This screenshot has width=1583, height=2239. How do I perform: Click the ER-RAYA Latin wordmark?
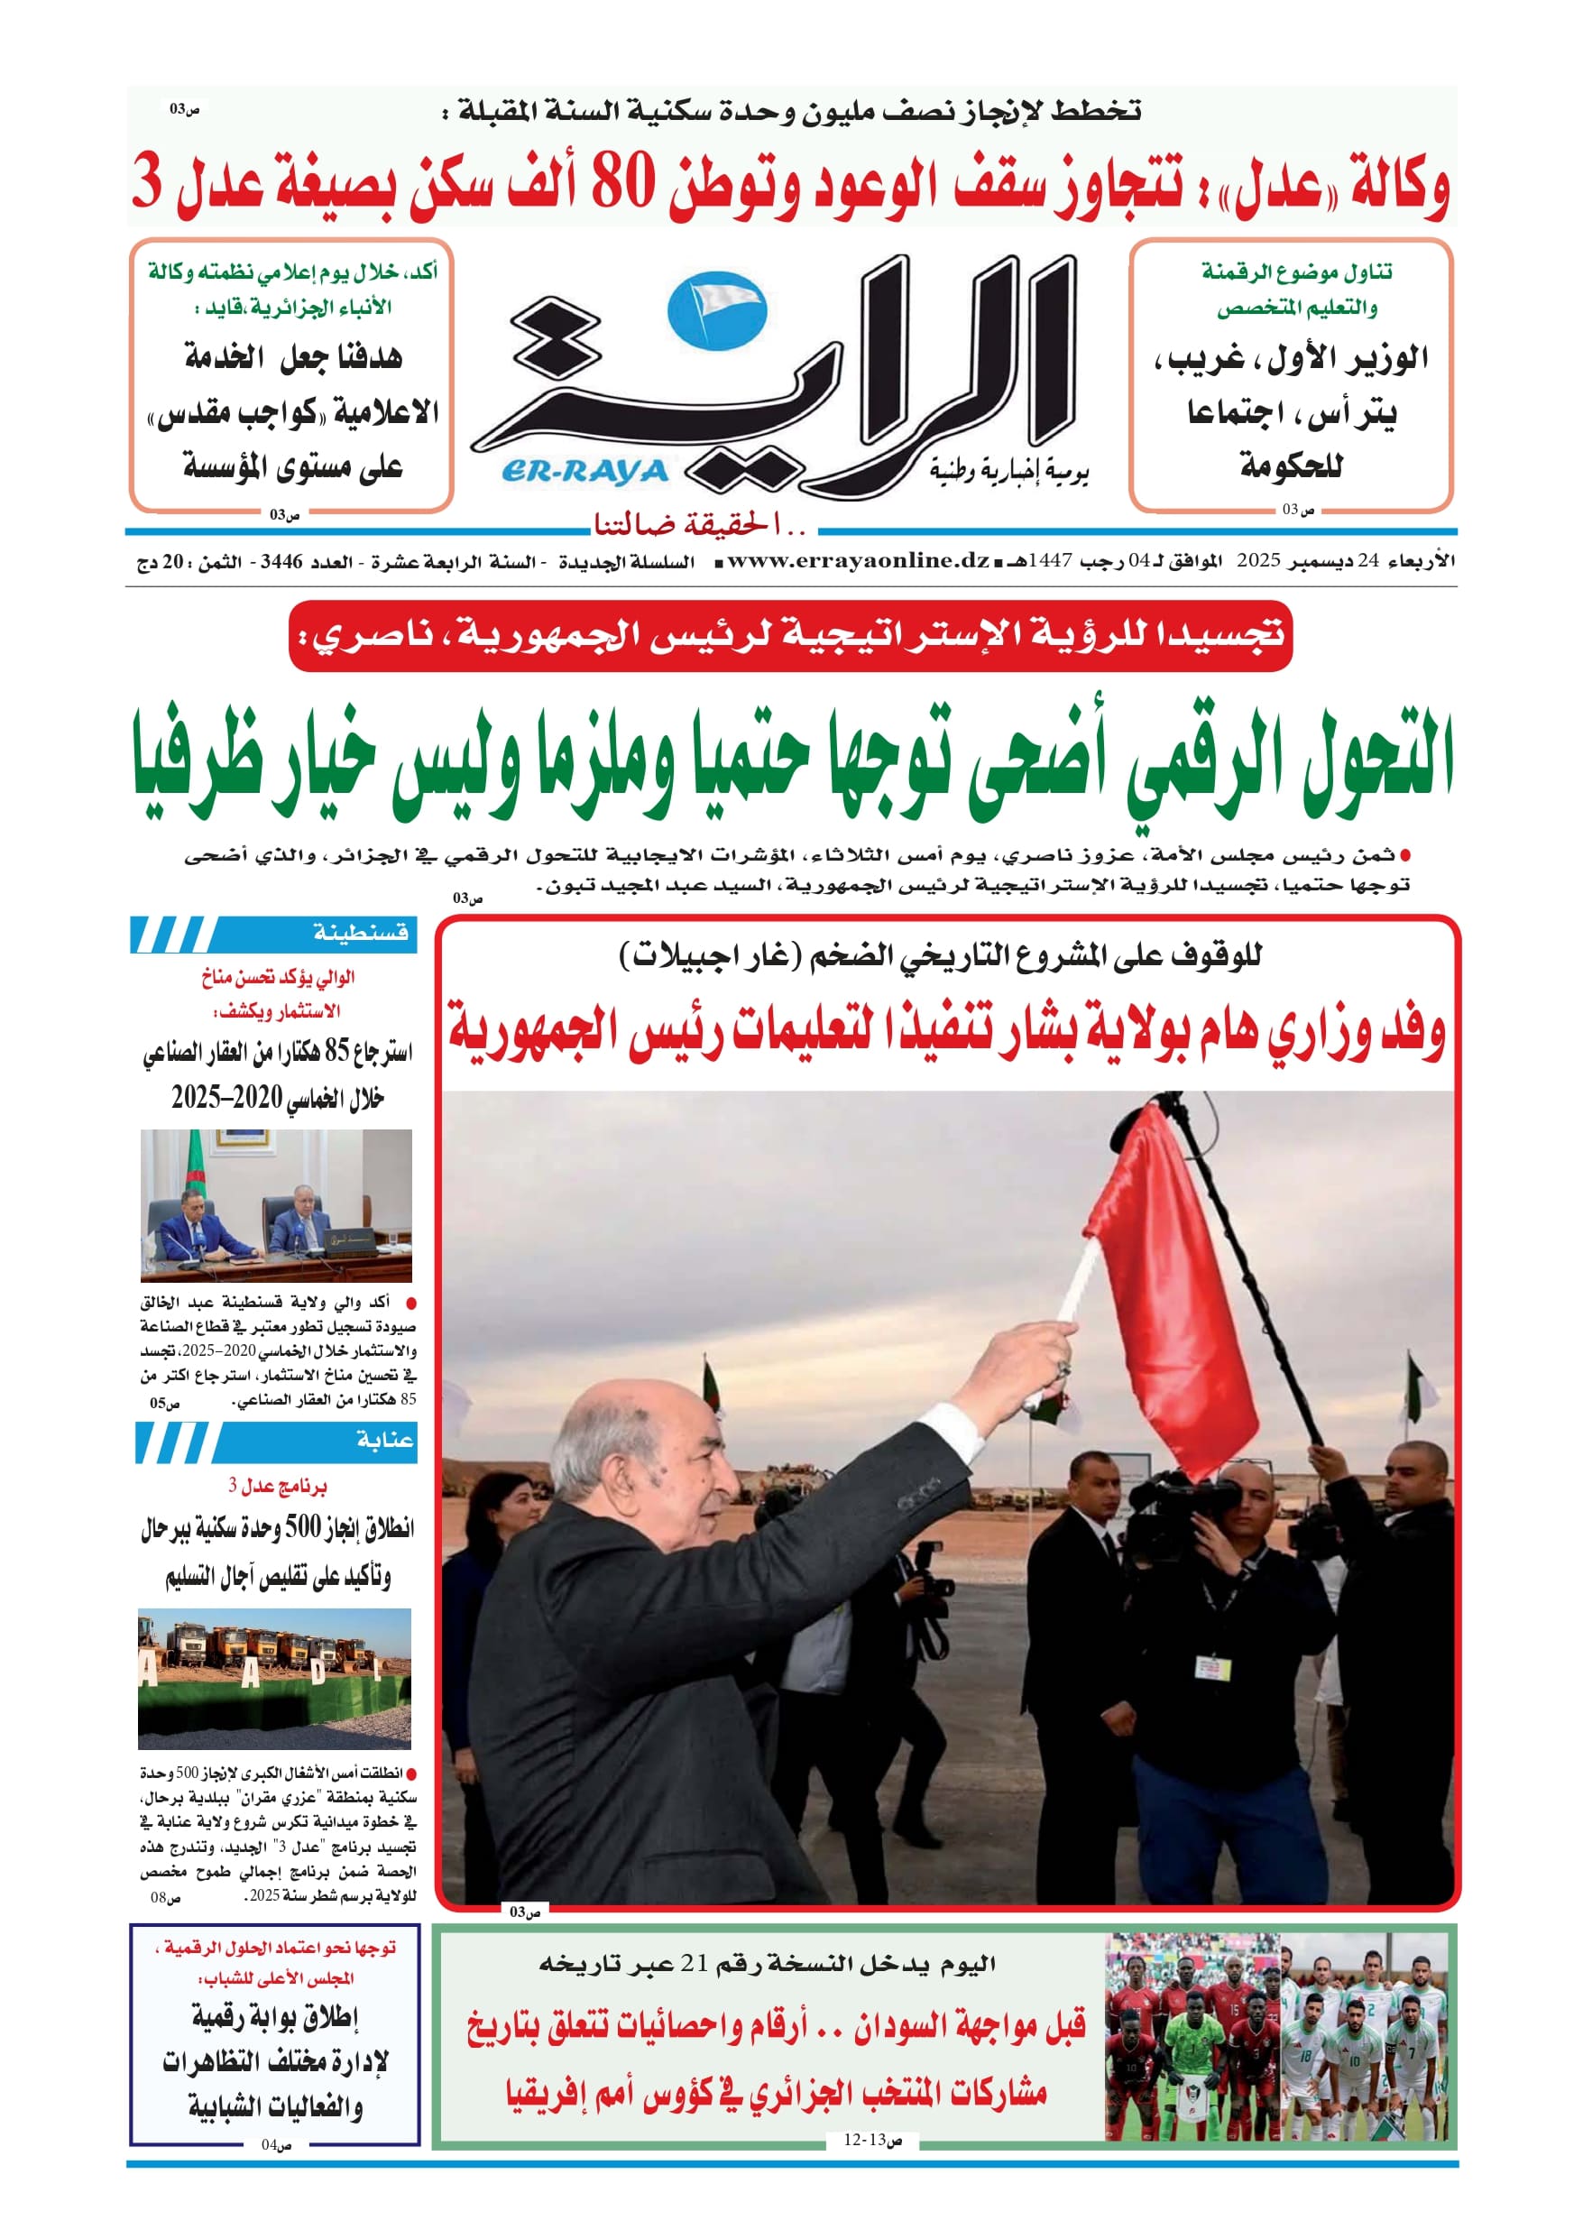pos(585,472)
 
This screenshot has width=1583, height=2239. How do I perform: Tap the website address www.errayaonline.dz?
pos(859,561)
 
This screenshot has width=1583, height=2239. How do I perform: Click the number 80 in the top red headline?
pos(621,185)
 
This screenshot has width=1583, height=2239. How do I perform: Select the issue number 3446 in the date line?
pos(281,562)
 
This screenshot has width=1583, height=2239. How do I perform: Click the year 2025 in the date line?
pos(1257,561)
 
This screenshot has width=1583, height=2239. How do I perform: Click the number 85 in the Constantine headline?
pos(336,1052)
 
